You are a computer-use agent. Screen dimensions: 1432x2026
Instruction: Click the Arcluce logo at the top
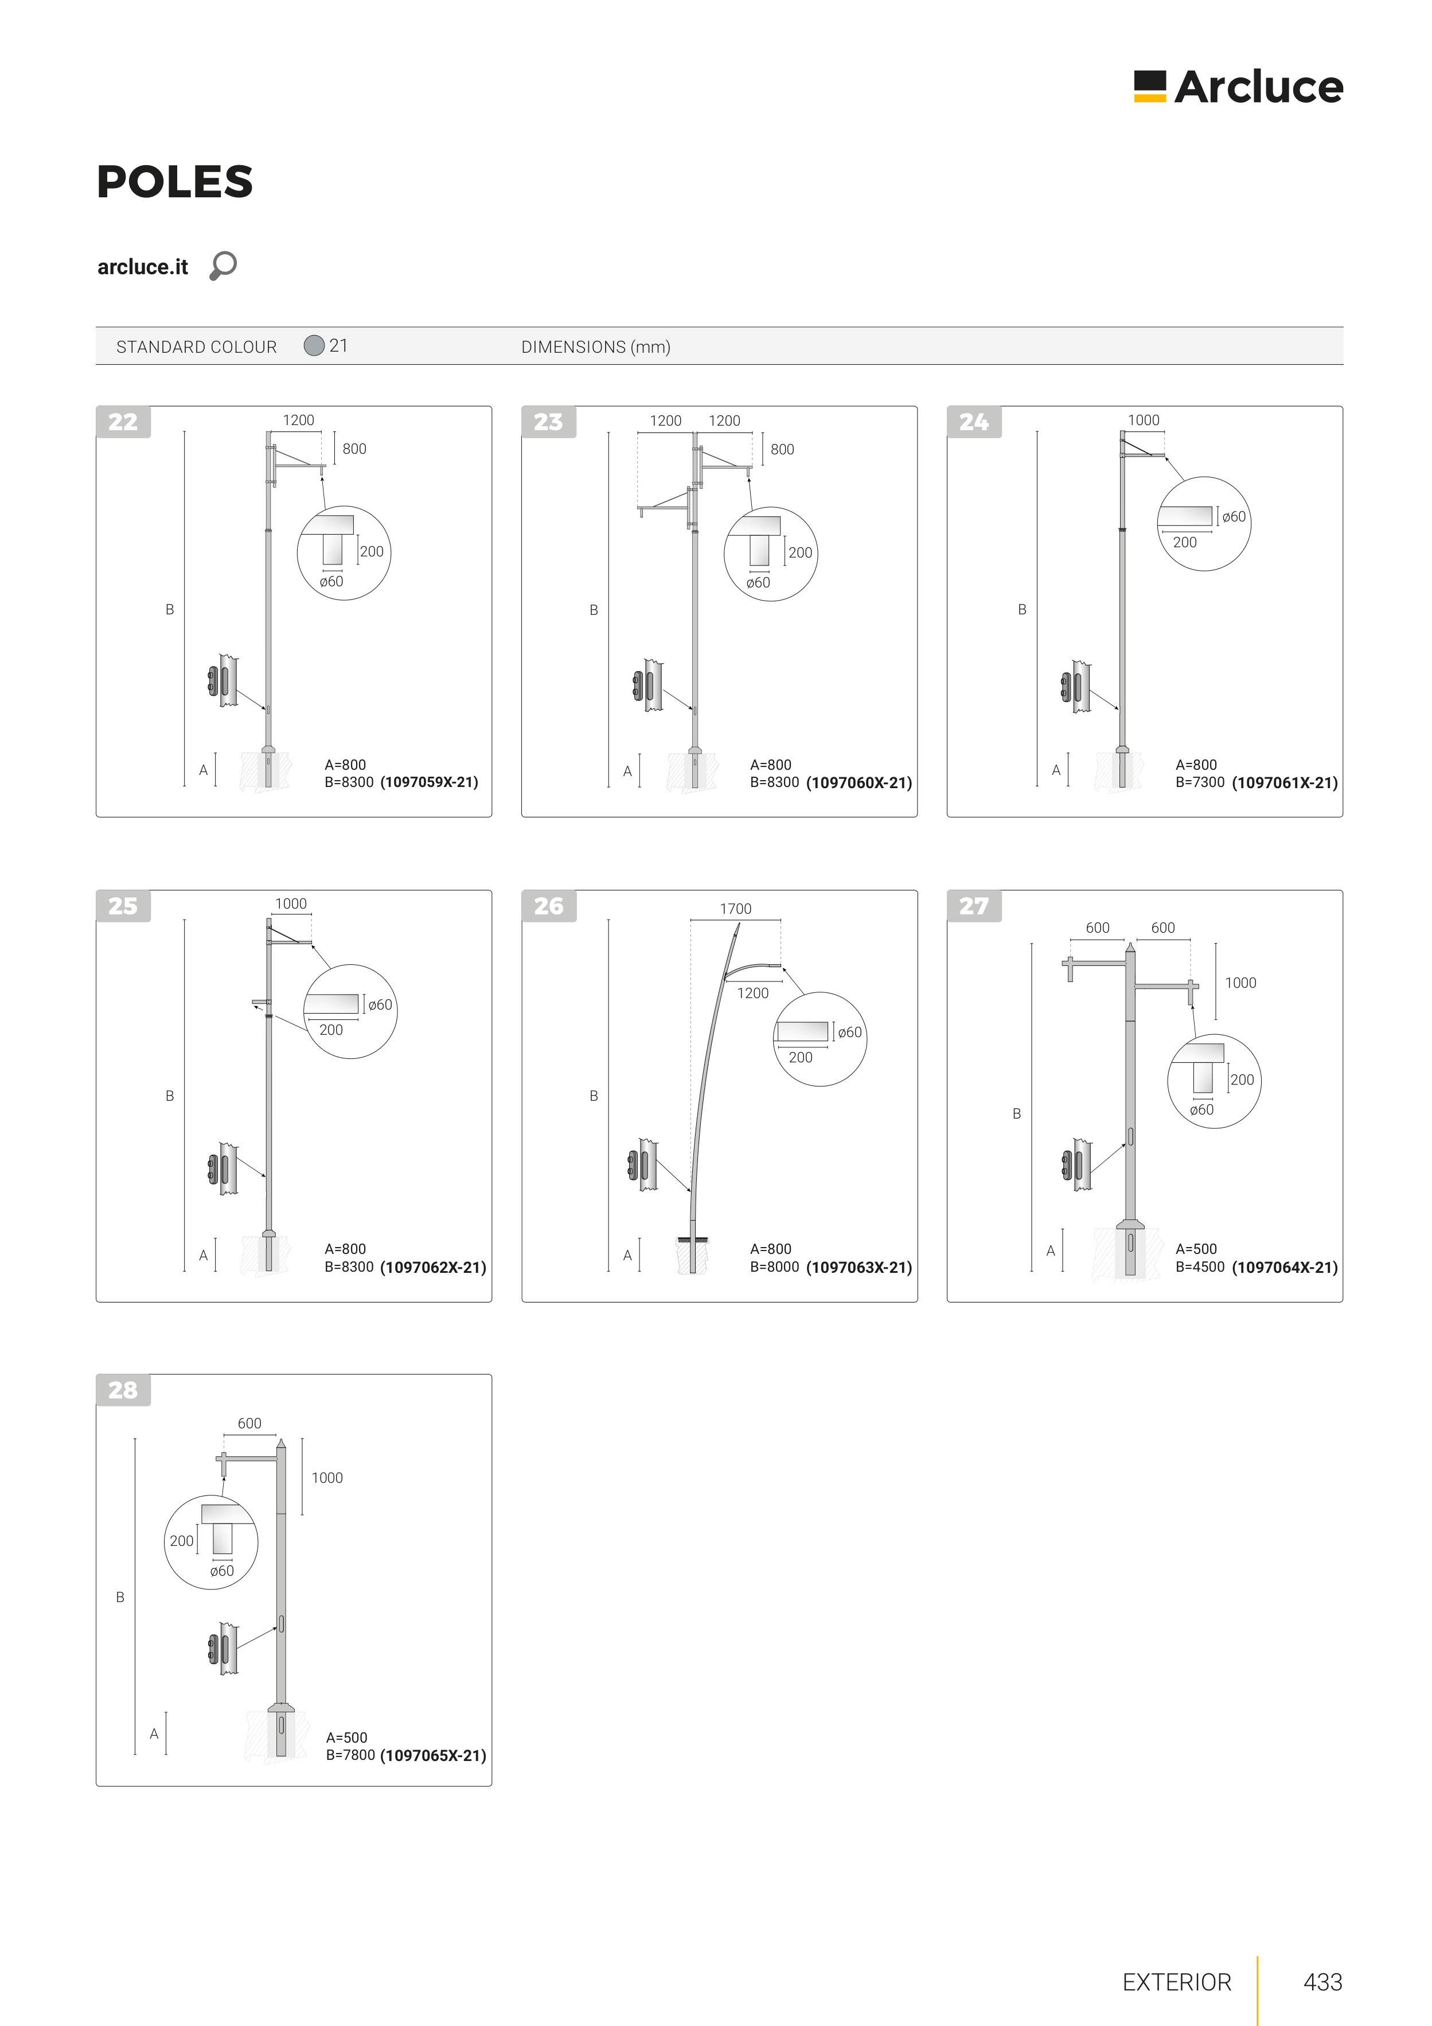tap(1238, 87)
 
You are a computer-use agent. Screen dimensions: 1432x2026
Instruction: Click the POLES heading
tap(175, 182)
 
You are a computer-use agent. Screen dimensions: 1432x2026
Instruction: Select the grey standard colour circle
tap(314, 345)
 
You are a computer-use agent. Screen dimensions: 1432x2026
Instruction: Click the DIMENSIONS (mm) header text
tap(595, 347)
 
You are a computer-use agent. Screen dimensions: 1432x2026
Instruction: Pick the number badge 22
tap(123, 422)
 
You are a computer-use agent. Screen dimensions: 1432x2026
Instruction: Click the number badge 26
tap(549, 906)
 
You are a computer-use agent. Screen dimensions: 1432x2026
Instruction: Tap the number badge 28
tap(123, 1390)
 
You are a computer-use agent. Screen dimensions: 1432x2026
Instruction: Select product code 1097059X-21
tap(429, 782)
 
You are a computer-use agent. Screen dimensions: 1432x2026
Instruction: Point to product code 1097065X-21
tap(433, 1756)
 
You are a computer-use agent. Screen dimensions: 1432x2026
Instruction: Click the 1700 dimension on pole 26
tap(736, 909)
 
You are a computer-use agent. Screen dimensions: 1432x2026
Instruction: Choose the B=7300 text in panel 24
tap(1200, 782)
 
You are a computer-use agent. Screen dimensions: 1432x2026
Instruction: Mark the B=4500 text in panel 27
tap(1200, 1267)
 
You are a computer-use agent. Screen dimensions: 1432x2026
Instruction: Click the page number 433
tap(1322, 1982)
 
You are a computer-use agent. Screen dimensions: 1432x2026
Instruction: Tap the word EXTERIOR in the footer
tap(1176, 1983)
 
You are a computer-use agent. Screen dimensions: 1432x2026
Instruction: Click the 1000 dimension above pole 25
tap(291, 903)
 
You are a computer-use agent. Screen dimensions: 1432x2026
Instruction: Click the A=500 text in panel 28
tap(347, 1737)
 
